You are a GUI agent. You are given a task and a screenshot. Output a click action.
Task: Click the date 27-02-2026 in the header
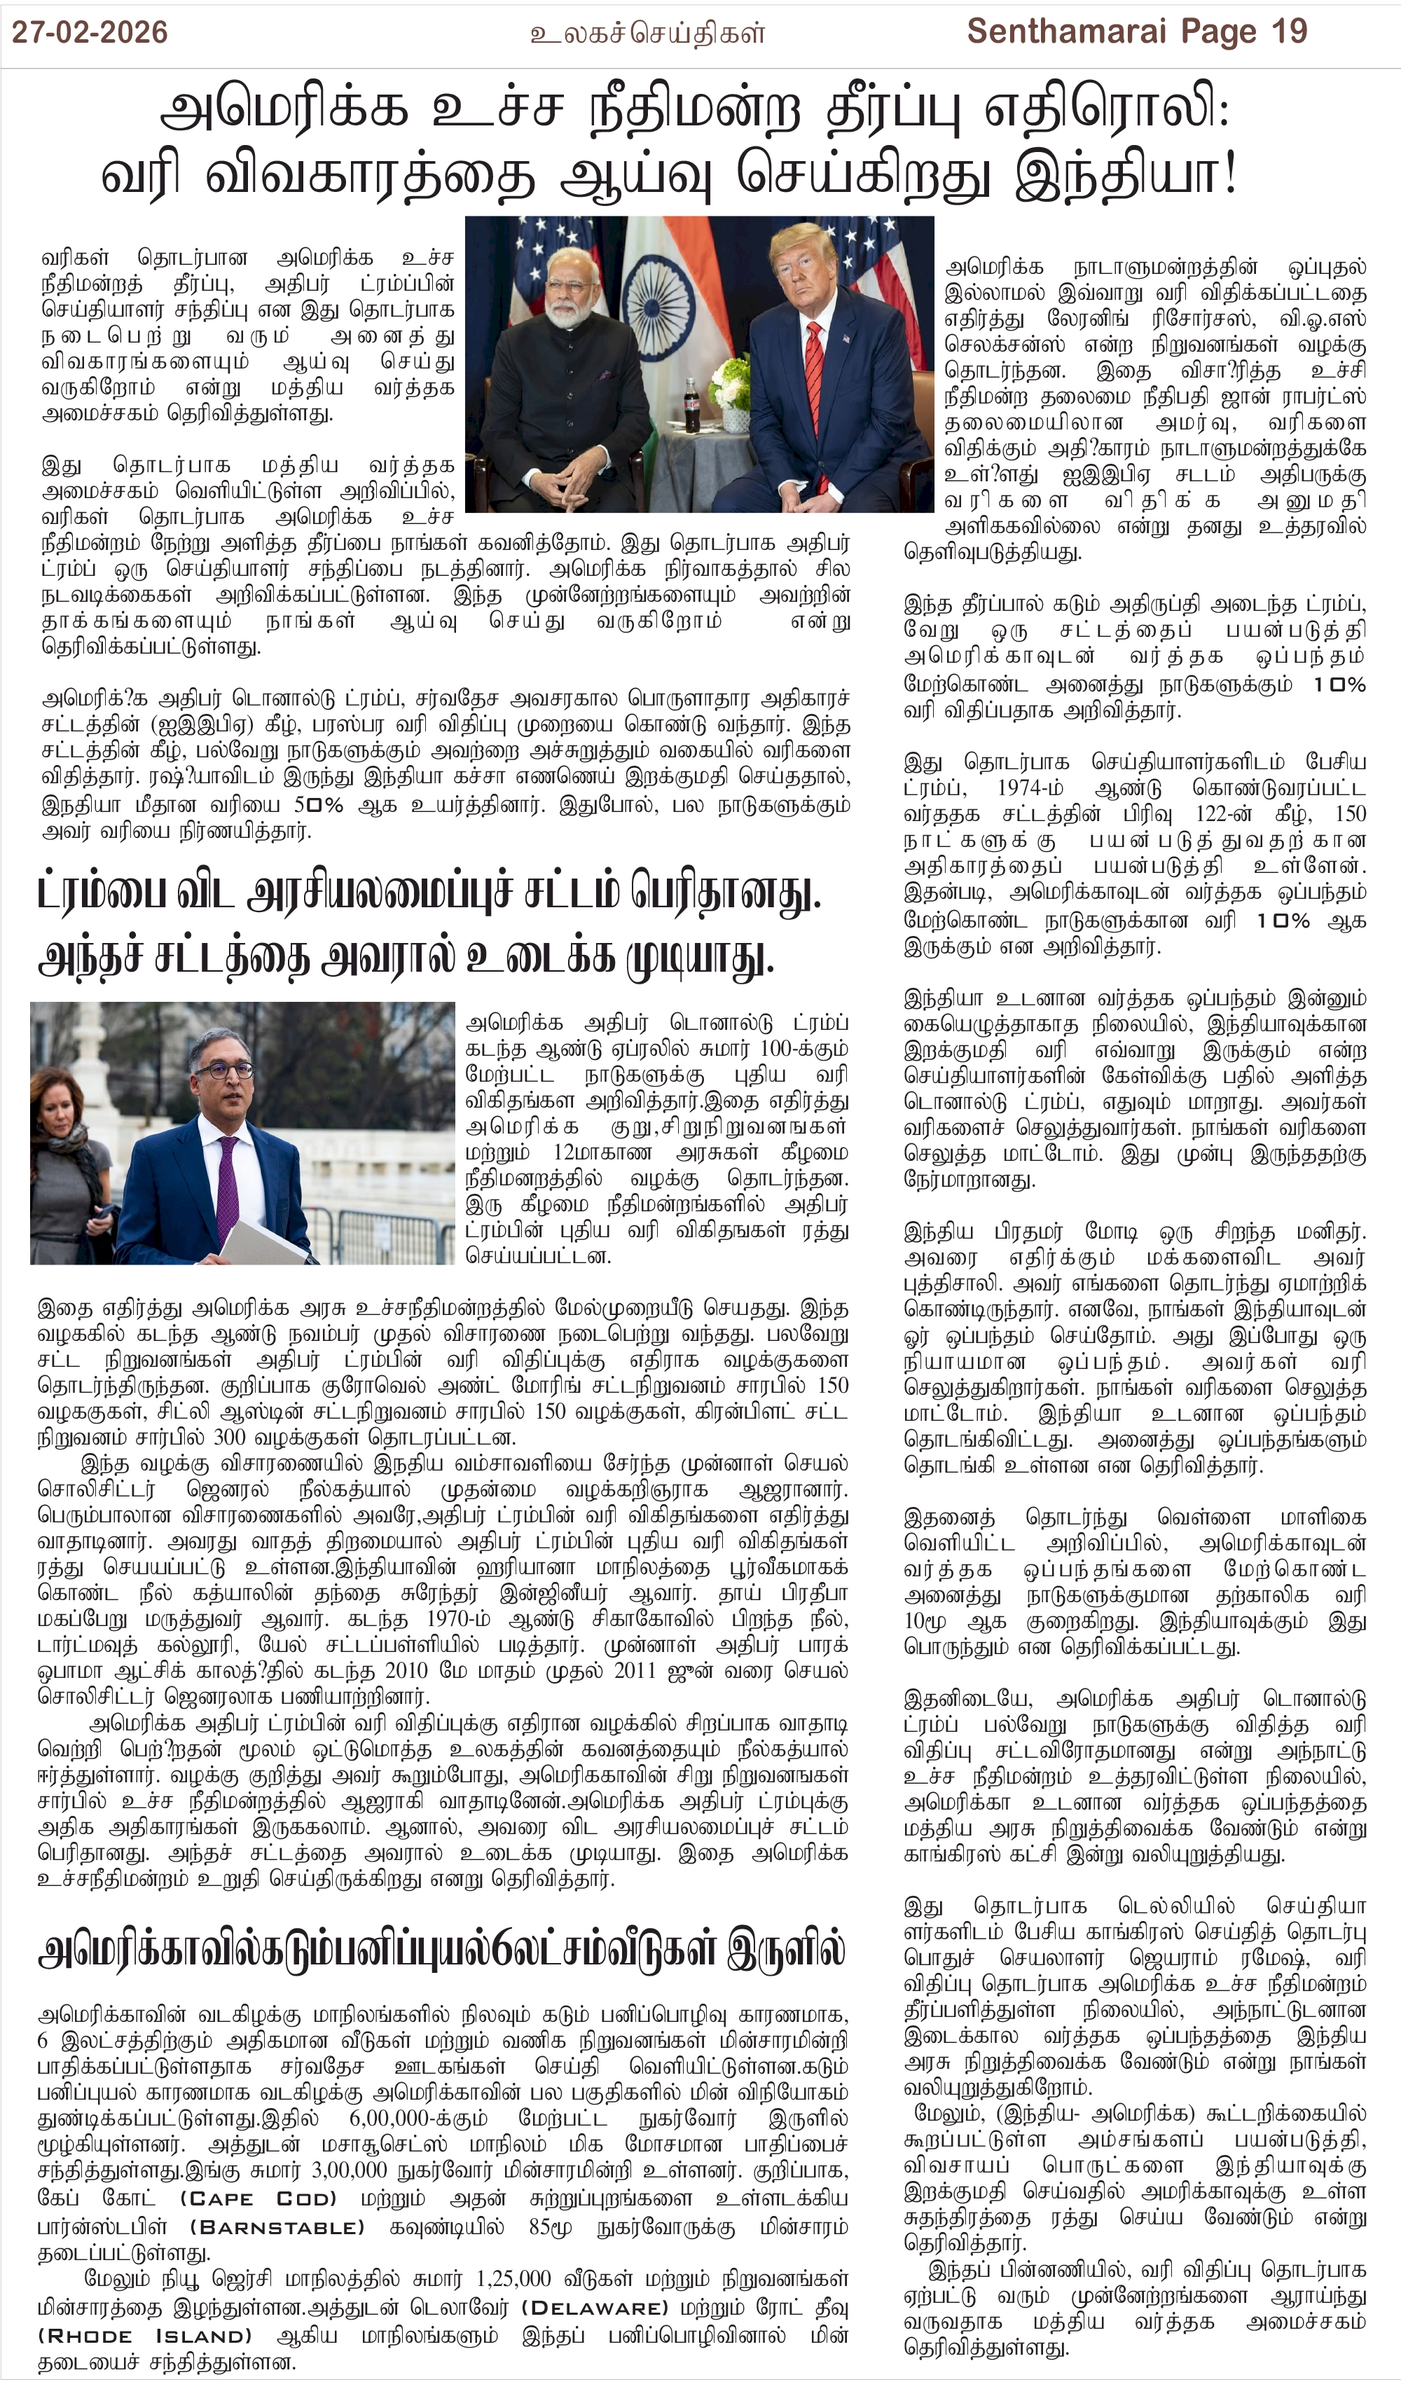coord(90,32)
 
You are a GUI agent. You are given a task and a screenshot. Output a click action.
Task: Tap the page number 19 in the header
coord(1288,32)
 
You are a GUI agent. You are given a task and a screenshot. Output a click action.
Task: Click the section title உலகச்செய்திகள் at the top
coord(647,34)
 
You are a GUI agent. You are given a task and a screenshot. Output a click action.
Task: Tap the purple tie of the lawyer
coord(228,1185)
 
